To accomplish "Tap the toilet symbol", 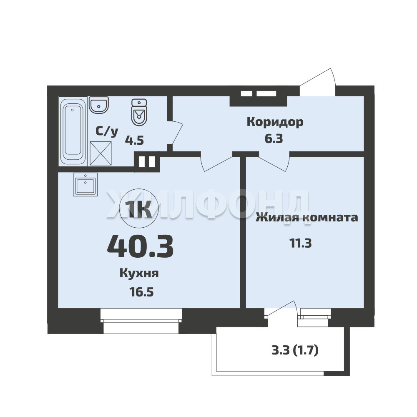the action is pos(139,112).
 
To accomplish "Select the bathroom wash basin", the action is pos(99,105).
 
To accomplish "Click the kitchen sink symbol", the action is pos(85,185).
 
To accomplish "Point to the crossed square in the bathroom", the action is pos(101,153).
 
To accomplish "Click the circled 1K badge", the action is pos(139,208).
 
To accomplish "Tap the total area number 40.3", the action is pos(140,246).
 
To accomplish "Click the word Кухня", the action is pos(139,274).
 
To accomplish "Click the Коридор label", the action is pos(275,122).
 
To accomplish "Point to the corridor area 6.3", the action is pos(274,138).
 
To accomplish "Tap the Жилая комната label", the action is pos(306,218).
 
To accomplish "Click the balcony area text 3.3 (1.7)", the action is pos(295,351).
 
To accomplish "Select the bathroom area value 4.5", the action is pos(135,140).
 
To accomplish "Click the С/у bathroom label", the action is pos(107,132).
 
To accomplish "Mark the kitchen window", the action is pos(141,320).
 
